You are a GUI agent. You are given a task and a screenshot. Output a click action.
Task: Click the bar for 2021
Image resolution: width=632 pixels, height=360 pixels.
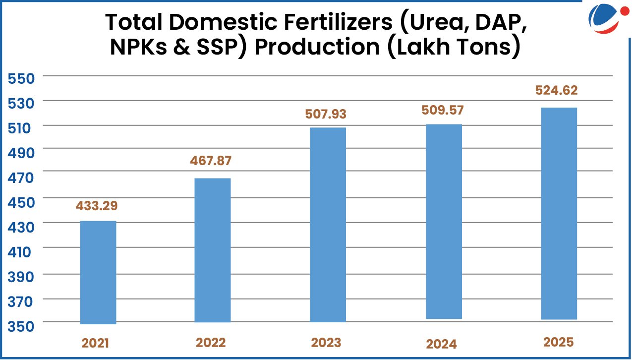[98, 272]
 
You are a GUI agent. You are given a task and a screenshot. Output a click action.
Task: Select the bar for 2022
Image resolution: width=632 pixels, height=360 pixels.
[212, 250]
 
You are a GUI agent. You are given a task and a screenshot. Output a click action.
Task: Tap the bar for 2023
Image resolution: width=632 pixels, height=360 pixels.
[328, 225]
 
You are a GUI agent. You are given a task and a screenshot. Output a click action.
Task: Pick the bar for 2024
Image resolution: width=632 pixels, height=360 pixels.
[444, 221]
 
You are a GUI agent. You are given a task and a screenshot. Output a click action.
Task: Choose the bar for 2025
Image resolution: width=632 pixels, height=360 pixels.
[559, 213]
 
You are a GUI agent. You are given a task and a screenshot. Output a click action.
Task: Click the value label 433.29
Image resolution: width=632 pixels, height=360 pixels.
[97, 205]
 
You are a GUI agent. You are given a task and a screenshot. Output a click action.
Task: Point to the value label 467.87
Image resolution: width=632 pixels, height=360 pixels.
[211, 161]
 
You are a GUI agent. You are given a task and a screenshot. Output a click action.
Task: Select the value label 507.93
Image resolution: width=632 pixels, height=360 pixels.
[325, 114]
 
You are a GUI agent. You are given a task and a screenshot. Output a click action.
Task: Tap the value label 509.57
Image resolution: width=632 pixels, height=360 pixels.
[443, 110]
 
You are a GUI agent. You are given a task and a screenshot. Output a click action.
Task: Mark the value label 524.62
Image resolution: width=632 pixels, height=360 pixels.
[557, 90]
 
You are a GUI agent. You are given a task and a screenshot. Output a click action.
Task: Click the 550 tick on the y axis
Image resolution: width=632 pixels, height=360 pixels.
[20, 78]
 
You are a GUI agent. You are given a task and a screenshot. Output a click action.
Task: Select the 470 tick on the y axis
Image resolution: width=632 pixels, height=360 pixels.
[20, 177]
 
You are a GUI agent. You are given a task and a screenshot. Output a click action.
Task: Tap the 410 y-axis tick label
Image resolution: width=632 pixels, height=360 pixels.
[20, 252]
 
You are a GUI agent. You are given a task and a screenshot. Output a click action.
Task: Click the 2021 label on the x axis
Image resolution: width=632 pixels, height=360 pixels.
[95, 343]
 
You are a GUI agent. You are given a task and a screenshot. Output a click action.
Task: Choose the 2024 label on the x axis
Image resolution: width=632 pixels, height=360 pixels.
[441, 344]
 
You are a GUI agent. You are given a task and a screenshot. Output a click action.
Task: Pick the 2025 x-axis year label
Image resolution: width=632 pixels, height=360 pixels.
[558, 342]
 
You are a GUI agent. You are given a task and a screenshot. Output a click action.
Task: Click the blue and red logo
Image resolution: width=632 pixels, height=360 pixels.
[606, 18]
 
